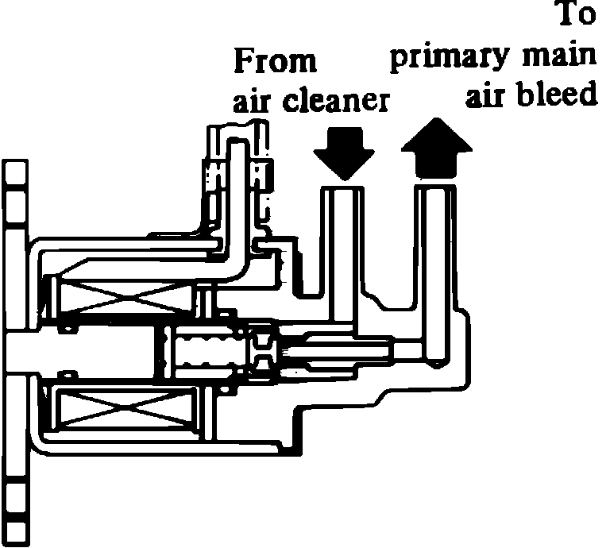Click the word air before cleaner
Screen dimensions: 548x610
tap(253, 101)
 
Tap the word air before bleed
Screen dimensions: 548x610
tap(486, 95)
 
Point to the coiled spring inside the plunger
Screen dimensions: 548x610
tap(207, 351)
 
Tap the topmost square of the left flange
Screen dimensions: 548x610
tap(14, 171)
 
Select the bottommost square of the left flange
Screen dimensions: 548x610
tap(14, 531)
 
